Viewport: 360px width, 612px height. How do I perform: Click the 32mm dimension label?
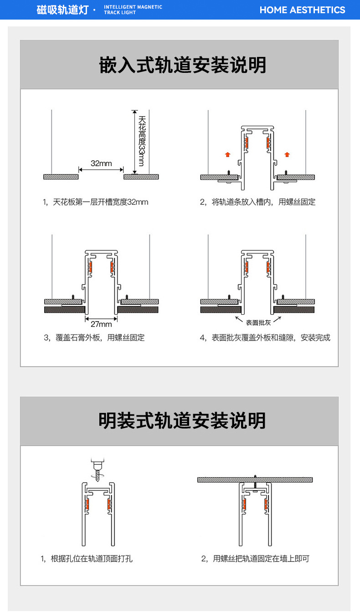coord(101,163)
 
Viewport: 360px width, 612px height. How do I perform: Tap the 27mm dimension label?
coord(101,324)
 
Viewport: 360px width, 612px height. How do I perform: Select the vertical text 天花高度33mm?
coord(142,141)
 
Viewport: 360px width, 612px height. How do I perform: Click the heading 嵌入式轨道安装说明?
coord(182,66)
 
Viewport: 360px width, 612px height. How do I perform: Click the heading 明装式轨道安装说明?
coord(182,420)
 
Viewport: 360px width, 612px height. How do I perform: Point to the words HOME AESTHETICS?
coord(302,10)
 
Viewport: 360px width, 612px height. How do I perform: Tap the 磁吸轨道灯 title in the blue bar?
coord(62,10)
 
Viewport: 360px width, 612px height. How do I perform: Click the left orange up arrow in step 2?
coord(227,155)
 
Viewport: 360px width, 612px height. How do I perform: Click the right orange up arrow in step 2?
coord(287,155)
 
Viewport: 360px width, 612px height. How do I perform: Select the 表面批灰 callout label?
coord(258,323)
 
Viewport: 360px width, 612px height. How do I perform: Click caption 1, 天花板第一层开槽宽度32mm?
coord(95,202)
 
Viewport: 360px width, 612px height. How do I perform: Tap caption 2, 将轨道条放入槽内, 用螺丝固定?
coord(257,202)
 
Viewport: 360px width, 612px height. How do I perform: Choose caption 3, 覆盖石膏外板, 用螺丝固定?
coord(94,337)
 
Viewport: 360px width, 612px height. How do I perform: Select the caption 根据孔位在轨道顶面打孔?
coord(87,558)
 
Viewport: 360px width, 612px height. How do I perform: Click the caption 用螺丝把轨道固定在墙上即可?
coord(255,558)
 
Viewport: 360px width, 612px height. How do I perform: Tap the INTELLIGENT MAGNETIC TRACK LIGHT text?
coord(133,10)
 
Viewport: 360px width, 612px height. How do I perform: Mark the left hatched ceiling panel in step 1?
coord(61,177)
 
